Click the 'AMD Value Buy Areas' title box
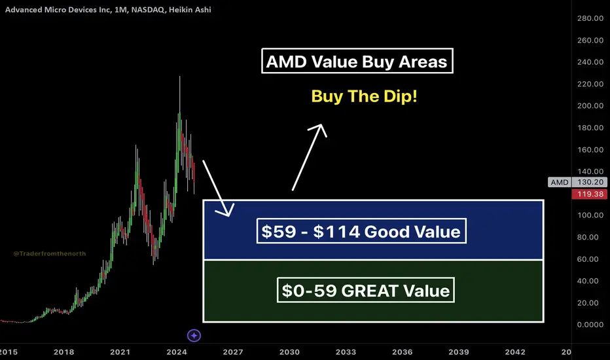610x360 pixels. [x=357, y=61]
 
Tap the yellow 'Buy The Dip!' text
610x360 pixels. [x=364, y=96]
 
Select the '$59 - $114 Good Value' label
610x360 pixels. [x=361, y=231]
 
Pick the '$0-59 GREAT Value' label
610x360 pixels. [x=366, y=290]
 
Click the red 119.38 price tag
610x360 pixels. [x=590, y=194]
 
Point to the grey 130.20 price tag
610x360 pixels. [x=590, y=182]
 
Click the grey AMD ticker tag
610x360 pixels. [x=560, y=182]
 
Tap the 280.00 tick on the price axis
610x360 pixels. [x=590, y=18]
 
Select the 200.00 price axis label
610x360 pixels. [x=590, y=105]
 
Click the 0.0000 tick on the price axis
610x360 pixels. [x=590, y=325]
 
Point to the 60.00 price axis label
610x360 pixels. [x=588, y=259]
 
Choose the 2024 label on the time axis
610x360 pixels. [x=177, y=352]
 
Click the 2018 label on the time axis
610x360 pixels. [x=63, y=352]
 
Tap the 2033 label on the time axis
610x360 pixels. [x=346, y=352]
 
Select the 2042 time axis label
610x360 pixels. [x=515, y=352]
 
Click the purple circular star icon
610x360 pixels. [x=194, y=335]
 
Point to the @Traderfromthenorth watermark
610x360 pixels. [x=49, y=253]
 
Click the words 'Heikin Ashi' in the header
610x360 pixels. [x=190, y=9]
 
